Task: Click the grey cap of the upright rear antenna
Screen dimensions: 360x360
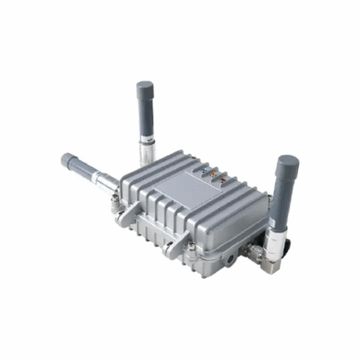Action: pos(144,93)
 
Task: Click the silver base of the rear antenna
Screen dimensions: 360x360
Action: pos(150,151)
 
